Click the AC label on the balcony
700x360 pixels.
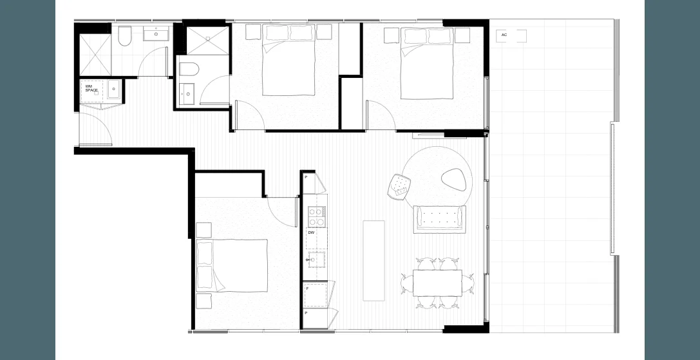coord(504,35)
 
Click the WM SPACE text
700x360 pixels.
coord(91,88)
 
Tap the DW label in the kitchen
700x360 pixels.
coord(310,232)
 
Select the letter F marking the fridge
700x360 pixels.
coord(308,289)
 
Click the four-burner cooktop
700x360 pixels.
coord(316,216)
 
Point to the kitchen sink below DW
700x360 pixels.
coord(316,260)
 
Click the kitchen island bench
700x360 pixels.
coord(374,260)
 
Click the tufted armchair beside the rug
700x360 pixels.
coord(400,186)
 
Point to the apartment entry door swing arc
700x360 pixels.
coord(103,129)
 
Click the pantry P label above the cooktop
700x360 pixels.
coord(306,176)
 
